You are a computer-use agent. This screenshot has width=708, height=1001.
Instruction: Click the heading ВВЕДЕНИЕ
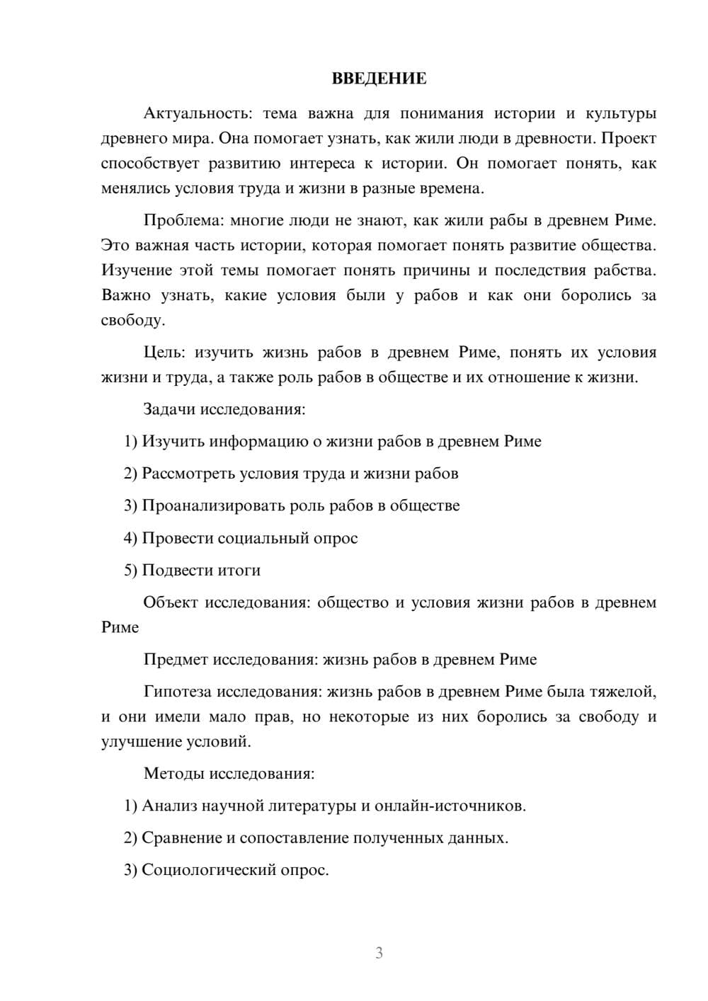click(379, 79)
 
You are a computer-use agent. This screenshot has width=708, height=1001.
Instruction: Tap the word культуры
click(620, 113)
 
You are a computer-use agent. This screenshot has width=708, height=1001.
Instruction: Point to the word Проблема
click(183, 220)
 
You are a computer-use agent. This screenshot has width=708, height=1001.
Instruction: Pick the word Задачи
click(169, 409)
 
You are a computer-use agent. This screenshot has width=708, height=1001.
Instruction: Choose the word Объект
click(170, 602)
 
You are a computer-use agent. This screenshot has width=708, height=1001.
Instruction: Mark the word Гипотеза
click(177, 692)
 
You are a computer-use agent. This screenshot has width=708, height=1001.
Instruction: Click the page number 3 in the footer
click(379, 953)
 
